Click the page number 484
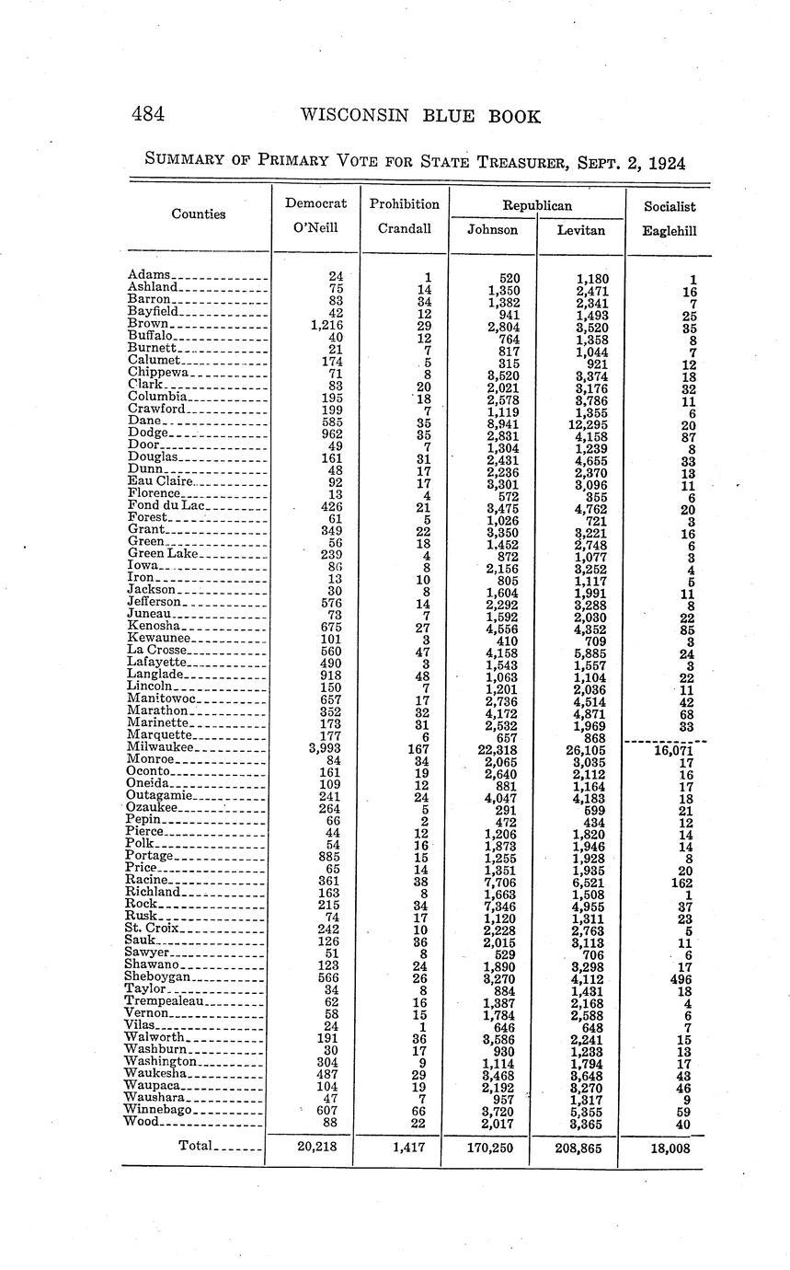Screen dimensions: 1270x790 pyautogui.click(x=147, y=115)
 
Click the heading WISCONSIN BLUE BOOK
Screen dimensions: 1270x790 pyautogui.click(x=420, y=117)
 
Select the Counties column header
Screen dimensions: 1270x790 pyautogui.click(x=198, y=214)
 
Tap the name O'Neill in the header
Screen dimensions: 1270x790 pyautogui.click(x=315, y=229)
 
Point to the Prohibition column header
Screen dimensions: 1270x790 pyautogui.click(x=405, y=204)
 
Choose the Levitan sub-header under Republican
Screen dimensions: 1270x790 pyautogui.click(x=581, y=230)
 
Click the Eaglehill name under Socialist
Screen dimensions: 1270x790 pyautogui.click(x=669, y=231)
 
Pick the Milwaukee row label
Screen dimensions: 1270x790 pyautogui.click(x=155, y=748)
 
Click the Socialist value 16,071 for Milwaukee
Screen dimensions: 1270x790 pyautogui.click(x=669, y=750)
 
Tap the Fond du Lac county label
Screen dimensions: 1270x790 pyautogui.click(x=166, y=505)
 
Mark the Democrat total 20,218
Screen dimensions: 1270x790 pyautogui.click(x=315, y=1148)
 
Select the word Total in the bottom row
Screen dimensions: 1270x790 pyautogui.click(x=195, y=1147)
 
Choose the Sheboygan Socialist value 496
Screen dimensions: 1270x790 pyautogui.click(x=681, y=978)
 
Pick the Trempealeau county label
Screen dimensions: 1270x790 pyautogui.click(x=166, y=1000)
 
